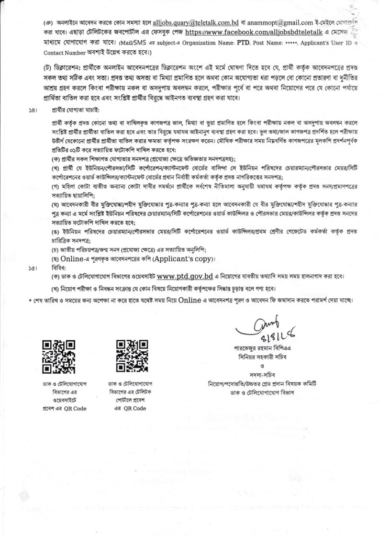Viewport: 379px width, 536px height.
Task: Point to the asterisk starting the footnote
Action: click(x=29, y=301)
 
